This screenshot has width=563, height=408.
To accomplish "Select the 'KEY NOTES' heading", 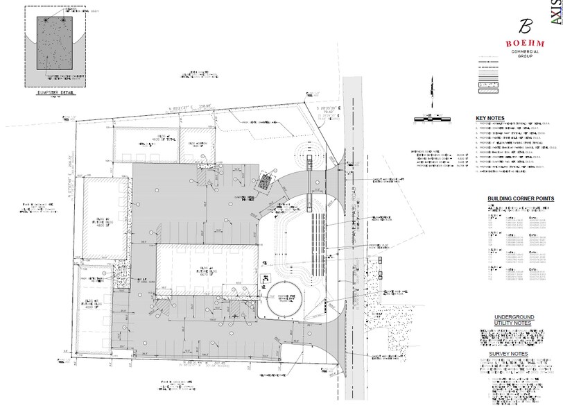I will click(490, 118).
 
